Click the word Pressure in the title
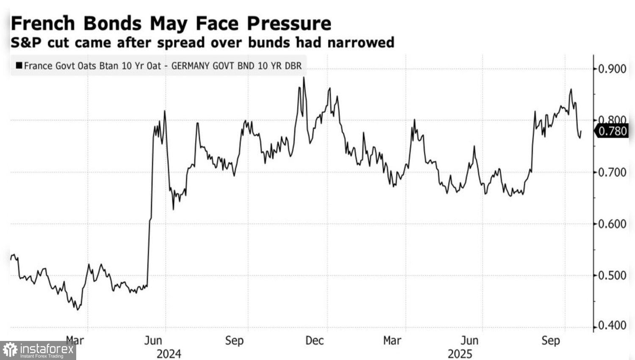[x=289, y=23]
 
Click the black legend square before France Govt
[x=19, y=66]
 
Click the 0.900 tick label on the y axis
[x=612, y=69]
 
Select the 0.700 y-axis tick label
[x=612, y=172]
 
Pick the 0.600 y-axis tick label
[x=612, y=224]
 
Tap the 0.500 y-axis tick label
[x=612, y=275]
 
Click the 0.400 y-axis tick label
[x=612, y=326]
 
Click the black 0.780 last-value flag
[x=612, y=131]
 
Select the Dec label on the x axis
[x=315, y=341]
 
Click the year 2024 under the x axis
[x=168, y=354]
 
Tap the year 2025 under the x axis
[x=460, y=354]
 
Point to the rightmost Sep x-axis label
[x=550, y=341]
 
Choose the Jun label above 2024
[x=153, y=341]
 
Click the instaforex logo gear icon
[x=10, y=350]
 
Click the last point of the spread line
[x=581, y=131]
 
